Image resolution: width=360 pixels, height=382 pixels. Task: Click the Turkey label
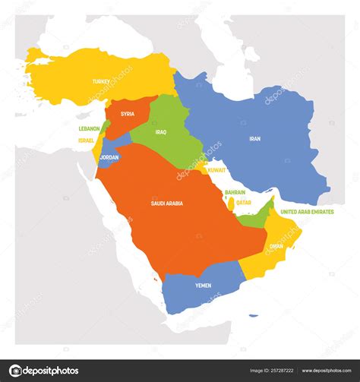click(102, 81)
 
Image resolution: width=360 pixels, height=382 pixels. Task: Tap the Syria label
click(128, 114)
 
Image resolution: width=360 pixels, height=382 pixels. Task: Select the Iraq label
click(161, 131)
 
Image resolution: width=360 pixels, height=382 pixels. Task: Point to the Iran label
click(255, 139)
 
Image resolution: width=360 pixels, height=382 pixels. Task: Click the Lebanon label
click(89, 129)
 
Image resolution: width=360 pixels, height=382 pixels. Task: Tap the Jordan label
click(109, 157)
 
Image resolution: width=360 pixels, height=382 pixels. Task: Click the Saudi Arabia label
click(168, 203)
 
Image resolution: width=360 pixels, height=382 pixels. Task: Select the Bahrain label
click(235, 193)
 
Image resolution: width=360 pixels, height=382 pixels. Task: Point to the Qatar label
click(244, 203)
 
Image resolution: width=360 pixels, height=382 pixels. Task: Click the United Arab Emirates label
click(307, 212)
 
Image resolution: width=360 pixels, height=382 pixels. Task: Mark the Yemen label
click(202, 285)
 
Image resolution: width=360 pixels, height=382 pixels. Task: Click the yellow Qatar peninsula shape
click(231, 204)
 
